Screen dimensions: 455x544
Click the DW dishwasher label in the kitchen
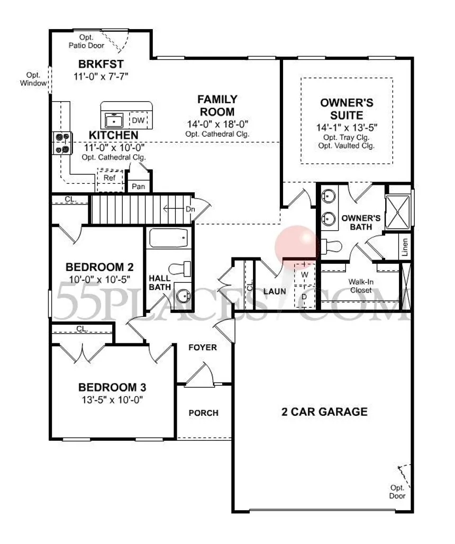[x=138, y=120]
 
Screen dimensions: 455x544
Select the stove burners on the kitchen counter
[x=62, y=143]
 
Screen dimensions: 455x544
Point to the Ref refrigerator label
[x=110, y=177]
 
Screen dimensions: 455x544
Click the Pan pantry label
[x=138, y=186]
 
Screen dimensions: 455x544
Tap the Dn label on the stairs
[x=190, y=209]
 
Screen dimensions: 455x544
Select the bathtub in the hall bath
[x=169, y=238]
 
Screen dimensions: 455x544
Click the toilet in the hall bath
[x=179, y=269]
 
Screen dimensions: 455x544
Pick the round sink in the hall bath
[x=183, y=296]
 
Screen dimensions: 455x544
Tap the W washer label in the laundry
[x=305, y=275]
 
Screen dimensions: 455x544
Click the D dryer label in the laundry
[x=304, y=297]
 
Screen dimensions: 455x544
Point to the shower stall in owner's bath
[x=398, y=212]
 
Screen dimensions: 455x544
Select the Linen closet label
[x=404, y=247]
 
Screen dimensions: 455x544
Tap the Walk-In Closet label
[x=361, y=286]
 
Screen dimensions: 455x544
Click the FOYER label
[x=203, y=347]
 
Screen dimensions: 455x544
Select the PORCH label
[x=203, y=413]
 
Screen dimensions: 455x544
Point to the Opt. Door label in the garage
[x=397, y=492]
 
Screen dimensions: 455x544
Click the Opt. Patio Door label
[x=86, y=41]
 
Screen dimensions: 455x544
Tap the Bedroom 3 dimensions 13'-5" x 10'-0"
[x=112, y=400]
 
